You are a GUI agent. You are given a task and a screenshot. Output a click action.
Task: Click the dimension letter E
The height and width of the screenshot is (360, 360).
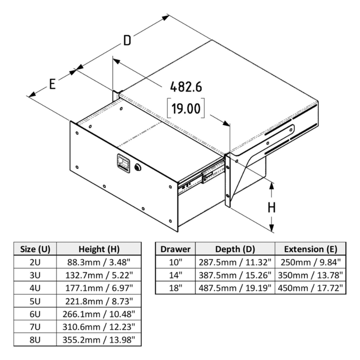52,84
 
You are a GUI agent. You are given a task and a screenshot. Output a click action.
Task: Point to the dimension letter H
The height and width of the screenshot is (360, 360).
272,207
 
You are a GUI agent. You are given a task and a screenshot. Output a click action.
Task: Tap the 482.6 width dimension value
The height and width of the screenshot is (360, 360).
186,87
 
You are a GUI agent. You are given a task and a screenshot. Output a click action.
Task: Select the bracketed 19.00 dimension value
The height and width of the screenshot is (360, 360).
185,109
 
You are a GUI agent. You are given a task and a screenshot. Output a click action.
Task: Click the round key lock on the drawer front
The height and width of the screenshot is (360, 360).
137,167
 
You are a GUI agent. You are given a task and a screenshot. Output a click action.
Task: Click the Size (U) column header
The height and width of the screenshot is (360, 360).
36,249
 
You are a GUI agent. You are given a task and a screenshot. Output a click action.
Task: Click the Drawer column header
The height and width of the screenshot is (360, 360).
175,249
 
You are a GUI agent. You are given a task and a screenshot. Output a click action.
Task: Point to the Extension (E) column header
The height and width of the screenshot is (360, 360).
309,249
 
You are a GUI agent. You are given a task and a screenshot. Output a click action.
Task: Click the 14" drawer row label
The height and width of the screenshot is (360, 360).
175,274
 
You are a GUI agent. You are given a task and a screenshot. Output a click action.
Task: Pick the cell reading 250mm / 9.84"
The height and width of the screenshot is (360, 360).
309,261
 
